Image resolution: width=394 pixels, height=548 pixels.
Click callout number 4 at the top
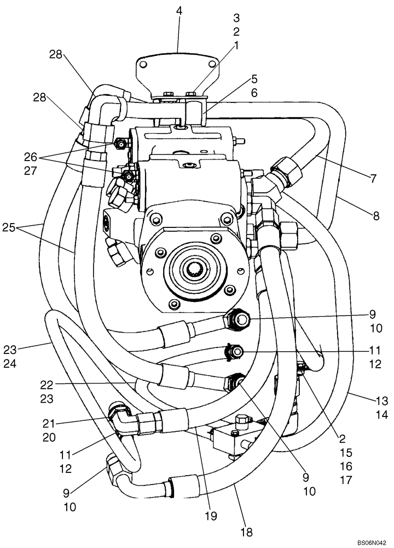coord(179,9)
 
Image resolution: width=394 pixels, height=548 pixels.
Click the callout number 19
coord(211,516)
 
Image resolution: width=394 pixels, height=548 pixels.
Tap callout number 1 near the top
coord(237,47)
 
